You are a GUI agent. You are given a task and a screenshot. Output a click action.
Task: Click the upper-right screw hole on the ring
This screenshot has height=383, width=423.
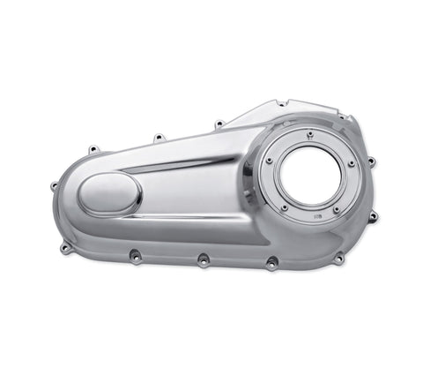click(351, 162)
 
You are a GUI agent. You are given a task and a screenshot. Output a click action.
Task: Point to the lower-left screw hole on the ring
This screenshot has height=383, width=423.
click(284, 207)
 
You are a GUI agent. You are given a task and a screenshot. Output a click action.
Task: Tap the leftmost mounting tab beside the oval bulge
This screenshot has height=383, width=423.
click(55, 185)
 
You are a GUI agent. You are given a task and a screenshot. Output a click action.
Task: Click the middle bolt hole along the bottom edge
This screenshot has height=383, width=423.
click(204, 261)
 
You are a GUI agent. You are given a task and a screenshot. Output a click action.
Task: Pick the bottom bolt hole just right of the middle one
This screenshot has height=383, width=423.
click(271, 262)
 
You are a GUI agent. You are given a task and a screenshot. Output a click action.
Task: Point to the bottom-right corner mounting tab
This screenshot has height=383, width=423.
click(338, 258)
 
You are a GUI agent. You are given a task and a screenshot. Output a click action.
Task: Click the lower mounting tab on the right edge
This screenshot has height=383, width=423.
click(373, 216)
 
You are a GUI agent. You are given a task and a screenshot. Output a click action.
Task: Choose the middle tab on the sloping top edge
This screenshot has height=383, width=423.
click(159, 138)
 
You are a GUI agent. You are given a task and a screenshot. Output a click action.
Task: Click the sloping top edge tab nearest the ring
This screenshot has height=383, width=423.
click(219, 124)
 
